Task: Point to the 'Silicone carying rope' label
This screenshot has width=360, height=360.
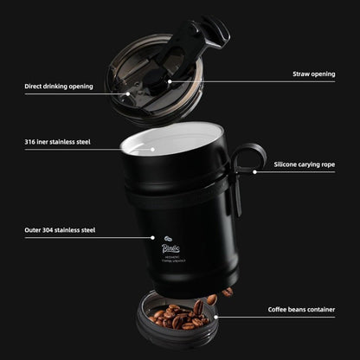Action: (x=305, y=164)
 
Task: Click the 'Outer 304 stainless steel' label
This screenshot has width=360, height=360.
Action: (x=61, y=230)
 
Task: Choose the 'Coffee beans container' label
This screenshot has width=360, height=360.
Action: (x=302, y=309)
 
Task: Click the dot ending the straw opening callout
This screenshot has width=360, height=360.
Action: (x=170, y=81)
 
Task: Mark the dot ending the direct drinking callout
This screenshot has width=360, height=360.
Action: (x=128, y=91)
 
